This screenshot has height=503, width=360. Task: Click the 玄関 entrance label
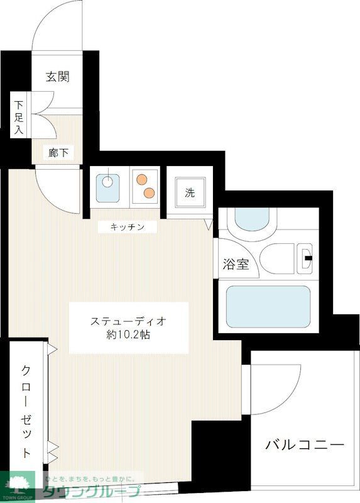[57, 77]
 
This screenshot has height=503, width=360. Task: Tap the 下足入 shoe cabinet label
[19, 118]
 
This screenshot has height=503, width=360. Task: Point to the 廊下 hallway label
[58, 152]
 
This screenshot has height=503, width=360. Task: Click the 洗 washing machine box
[190, 193]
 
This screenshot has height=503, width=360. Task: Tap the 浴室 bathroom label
[236, 264]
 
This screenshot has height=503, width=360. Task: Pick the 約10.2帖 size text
[128, 335]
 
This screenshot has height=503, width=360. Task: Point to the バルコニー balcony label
[305, 445]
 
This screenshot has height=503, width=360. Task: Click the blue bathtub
[268, 307]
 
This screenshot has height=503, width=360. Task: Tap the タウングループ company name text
[91, 492]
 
